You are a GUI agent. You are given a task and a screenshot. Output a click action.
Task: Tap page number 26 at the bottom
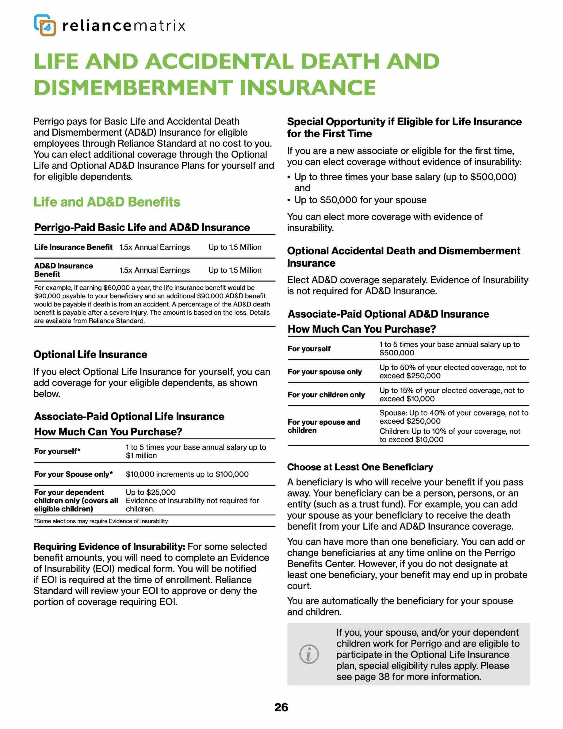pos(281,707)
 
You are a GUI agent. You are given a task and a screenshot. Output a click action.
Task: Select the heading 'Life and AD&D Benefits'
pos(107,202)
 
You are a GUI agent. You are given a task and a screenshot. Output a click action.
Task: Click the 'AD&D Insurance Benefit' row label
pos(63,270)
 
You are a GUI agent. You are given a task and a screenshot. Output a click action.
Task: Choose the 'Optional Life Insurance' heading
pos(90,355)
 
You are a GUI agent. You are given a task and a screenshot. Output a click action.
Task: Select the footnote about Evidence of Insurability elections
pos(101,521)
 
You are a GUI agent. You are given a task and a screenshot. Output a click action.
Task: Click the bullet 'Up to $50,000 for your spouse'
pos(360,200)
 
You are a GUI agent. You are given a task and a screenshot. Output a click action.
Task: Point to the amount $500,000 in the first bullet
pos(493,177)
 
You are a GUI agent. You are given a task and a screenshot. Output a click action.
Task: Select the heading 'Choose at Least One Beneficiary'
pos(360,467)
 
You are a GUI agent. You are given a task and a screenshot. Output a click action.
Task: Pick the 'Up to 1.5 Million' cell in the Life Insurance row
pos(235,247)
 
